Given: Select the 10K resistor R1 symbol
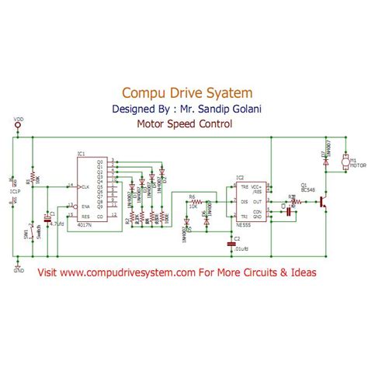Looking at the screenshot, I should pos(33,181).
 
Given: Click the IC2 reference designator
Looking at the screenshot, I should pos(240,178).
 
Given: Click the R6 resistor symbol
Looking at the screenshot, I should pos(196,200).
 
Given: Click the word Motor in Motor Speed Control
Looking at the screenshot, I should pos(151,123).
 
